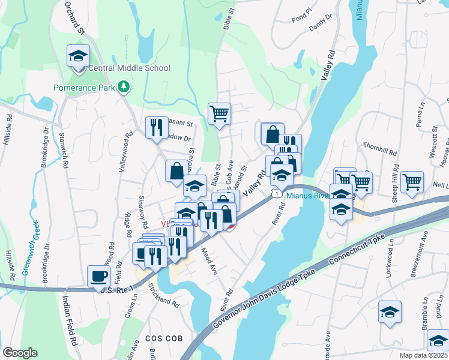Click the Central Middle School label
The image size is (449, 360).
point(129,68)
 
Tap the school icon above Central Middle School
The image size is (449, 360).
point(78,56)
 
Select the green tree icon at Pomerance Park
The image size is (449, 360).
point(124,88)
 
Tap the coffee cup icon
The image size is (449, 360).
point(98,277)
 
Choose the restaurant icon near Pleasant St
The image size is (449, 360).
point(157,128)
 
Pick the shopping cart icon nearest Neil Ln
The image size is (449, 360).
point(412,182)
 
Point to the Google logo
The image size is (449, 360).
point(20,353)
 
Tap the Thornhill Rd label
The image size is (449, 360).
point(381,149)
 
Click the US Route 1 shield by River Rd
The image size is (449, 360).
point(274,193)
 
